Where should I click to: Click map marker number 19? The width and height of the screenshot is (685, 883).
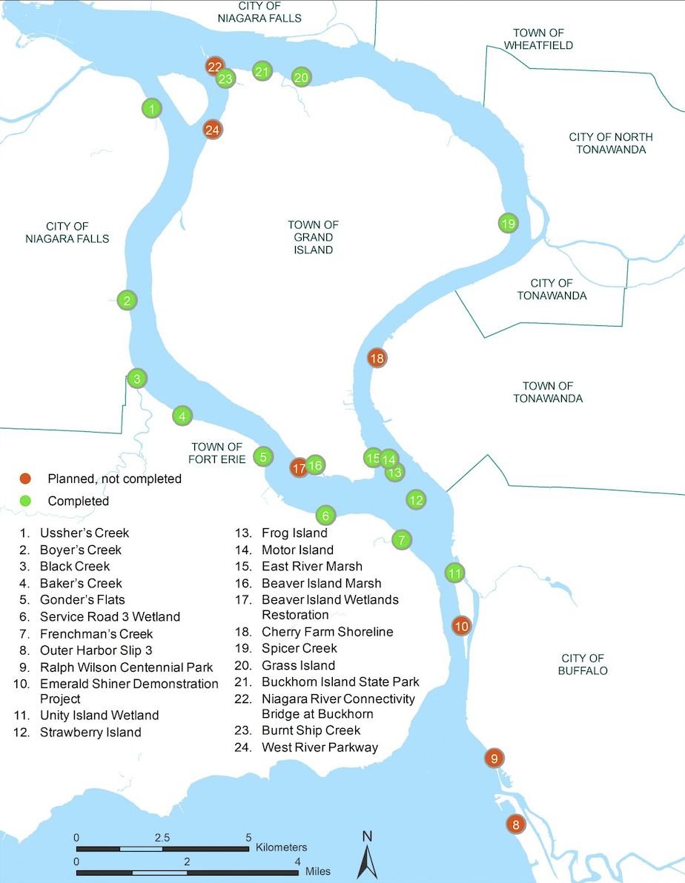coord(508,223)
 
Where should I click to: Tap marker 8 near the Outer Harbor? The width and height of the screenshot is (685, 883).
coord(516,824)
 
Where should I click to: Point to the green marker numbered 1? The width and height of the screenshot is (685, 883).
coord(151,109)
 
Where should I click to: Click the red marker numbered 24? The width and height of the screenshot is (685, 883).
coord(213,130)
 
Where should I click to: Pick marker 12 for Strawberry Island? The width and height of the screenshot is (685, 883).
coord(416,499)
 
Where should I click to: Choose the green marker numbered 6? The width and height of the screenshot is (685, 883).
coord(325,514)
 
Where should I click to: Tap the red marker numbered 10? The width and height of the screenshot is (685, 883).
coord(461,626)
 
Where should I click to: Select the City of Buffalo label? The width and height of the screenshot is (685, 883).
coord(583,664)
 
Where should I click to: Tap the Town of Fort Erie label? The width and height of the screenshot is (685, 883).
coord(216,453)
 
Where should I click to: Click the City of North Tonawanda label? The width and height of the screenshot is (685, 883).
coord(611,143)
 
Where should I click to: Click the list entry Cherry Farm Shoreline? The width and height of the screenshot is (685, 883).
coord(327,632)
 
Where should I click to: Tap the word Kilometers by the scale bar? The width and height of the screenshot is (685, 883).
coord(281,847)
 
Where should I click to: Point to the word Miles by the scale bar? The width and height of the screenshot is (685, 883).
coord(318,871)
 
